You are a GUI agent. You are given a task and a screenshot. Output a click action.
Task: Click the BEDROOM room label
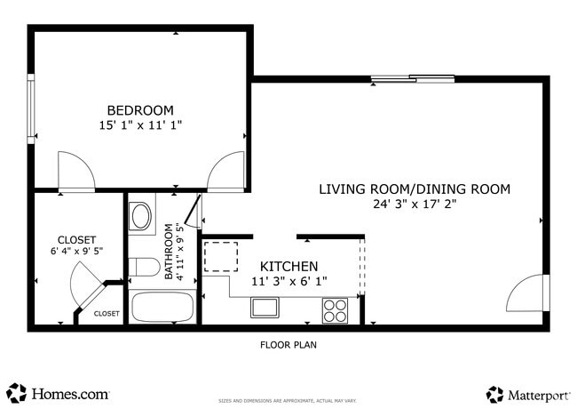point(142,110)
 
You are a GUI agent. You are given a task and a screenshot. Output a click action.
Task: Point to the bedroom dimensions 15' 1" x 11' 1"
point(142,126)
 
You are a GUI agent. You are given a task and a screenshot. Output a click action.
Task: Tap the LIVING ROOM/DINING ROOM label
point(415,188)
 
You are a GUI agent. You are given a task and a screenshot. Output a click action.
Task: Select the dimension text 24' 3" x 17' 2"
point(415,204)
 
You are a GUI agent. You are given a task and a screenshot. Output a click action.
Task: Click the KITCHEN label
point(288,267)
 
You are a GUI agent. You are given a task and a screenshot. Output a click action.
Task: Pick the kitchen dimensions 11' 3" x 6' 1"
point(288,282)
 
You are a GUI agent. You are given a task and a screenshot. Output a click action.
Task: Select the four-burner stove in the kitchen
point(336,309)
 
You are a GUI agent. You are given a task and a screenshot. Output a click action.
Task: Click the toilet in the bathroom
point(142,268)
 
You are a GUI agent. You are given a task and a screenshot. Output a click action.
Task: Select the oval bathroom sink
point(141,216)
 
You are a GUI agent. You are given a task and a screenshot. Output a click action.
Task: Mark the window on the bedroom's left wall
point(31,110)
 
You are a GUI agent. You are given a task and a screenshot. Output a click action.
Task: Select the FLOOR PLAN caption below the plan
point(288,345)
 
